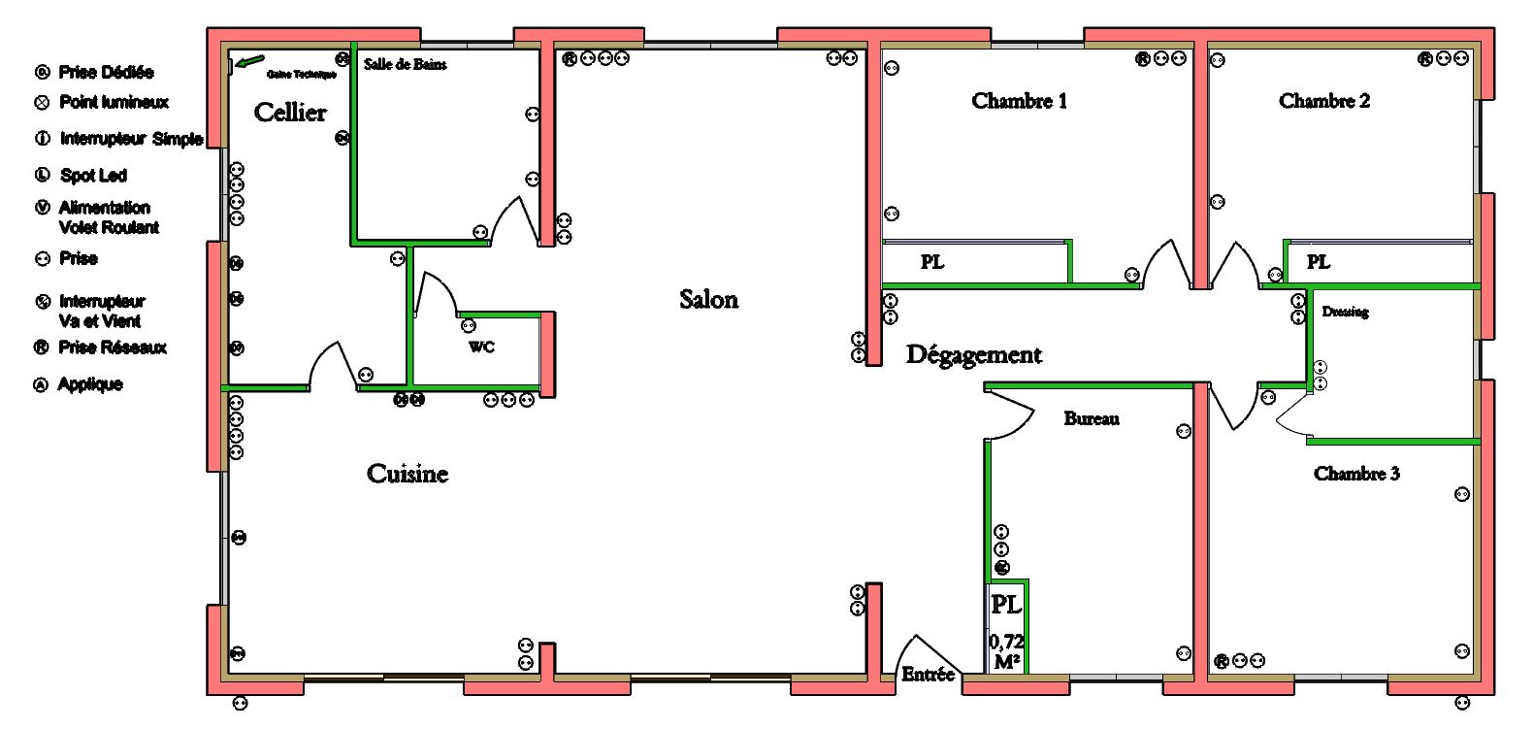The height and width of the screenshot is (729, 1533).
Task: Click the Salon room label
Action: click(708, 299)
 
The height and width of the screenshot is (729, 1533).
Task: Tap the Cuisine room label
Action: click(408, 474)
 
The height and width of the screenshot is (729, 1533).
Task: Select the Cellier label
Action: click(290, 113)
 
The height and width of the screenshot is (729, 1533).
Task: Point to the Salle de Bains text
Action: click(406, 64)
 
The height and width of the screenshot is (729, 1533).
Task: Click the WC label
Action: click(482, 347)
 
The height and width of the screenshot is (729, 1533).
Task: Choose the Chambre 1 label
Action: click(1019, 101)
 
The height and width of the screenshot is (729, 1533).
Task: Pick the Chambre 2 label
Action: click(1324, 101)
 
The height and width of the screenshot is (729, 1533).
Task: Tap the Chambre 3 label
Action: click(1356, 474)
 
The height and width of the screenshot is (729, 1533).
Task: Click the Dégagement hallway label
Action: click(973, 355)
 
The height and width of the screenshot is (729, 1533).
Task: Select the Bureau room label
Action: click(1092, 418)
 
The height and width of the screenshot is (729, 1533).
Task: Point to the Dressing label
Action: click(1345, 312)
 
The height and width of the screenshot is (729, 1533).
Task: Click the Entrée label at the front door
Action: click(929, 674)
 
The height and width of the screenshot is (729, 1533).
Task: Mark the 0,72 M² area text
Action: click(1007, 651)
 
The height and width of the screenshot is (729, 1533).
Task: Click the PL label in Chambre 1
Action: click(932, 262)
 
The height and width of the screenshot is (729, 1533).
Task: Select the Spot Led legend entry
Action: click(93, 176)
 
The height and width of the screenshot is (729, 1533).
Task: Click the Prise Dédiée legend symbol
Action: click(42, 73)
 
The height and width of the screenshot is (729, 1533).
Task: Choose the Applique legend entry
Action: click(90, 384)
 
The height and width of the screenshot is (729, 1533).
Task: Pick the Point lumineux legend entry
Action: click(114, 102)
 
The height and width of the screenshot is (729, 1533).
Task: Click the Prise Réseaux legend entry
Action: click(113, 348)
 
